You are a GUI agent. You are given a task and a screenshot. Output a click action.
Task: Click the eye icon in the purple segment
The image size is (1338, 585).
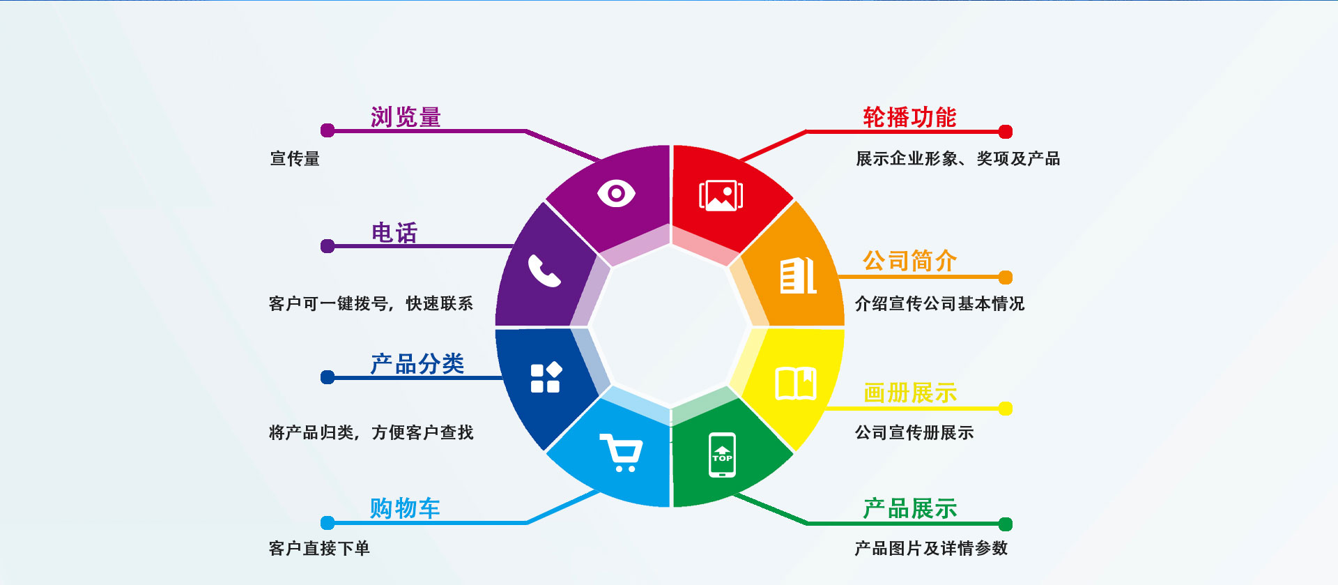pyautogui.click(x=616, y=193)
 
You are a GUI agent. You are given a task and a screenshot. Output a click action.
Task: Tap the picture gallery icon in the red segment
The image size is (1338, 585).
pyautogui.click(x=721, y=195)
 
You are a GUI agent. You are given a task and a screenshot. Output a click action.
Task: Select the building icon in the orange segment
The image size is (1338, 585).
pyautogui.click(x=798, y=275)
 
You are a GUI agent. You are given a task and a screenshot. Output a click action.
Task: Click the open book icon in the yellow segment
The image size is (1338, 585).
pyautogui.click(x=796, y=383)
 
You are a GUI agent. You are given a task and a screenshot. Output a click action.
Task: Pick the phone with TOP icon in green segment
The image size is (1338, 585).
pyautogui.click(x=722, y=455)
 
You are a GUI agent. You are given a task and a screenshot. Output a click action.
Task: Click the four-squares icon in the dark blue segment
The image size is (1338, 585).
pyautogui.click(x=546, y=377)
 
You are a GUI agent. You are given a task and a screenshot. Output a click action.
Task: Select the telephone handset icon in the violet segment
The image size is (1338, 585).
pyautogui.click(x=544, y=271)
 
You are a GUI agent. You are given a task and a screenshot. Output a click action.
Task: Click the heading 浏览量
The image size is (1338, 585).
pyautogui.click(x=406, y=116)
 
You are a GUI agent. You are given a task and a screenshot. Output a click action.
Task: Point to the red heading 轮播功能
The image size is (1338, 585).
pyautogui.click(x=909, y=116)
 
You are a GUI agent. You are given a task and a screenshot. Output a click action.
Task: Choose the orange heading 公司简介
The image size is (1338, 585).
pyautogui.click(x=909, y=261)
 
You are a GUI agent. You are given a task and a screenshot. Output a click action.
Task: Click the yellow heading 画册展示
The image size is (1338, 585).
pyautogui.click(x=910, y=393)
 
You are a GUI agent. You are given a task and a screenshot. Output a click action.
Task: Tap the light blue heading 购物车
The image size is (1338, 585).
pyautogui.click(x=405, y=508)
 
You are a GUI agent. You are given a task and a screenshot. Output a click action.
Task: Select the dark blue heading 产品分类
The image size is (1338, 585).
pyautogui.click(x=417, y=363)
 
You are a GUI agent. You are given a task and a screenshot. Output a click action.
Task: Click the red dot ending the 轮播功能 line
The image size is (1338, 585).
pyautogui.click(x=1005, y=132)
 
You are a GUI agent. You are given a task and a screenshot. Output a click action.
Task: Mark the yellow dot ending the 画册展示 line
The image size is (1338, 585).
pyautogui.click(x=1005, y=409)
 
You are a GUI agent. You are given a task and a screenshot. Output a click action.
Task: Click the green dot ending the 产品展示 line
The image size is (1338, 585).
pyautogui.click(x=1005, y=524)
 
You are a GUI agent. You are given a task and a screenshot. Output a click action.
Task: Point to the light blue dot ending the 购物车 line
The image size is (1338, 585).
pyautogui.click(x=328, y=523)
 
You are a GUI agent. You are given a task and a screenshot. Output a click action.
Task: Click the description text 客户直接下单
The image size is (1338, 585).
pyautogui.click(x=319, y=549)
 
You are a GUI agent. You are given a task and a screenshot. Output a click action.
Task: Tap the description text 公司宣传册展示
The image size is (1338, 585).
pyautogui.click(x=914, y=433)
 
